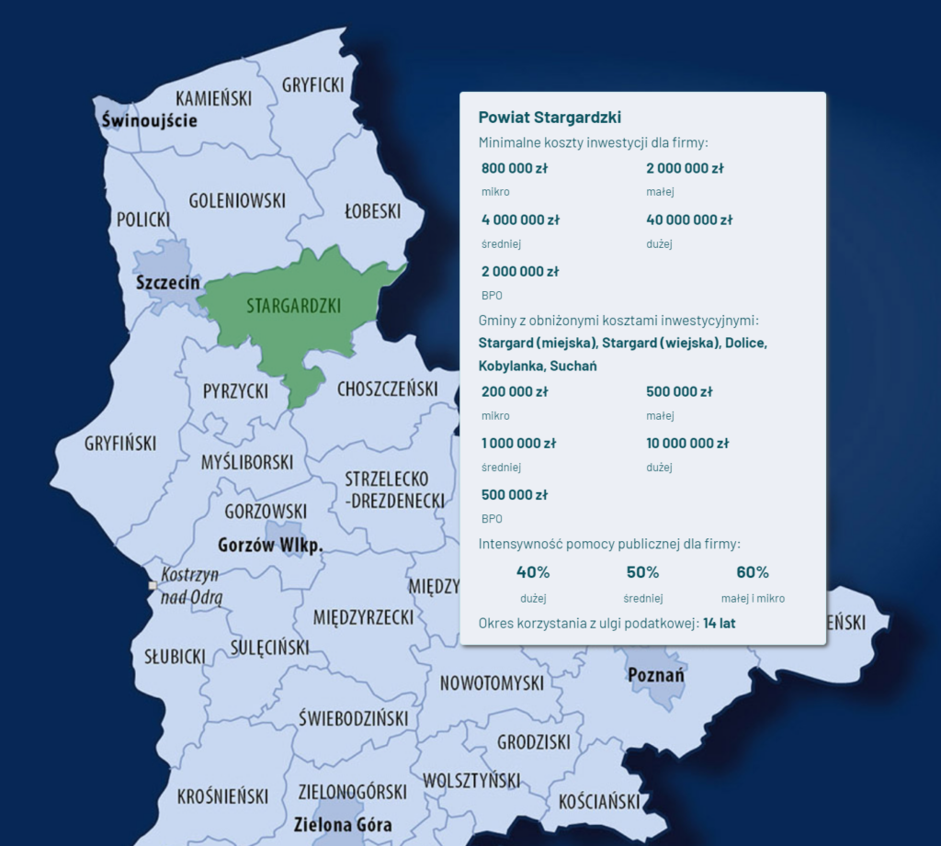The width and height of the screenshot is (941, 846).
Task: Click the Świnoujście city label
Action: click(149, 120)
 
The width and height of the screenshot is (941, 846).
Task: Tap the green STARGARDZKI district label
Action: click(293, 306)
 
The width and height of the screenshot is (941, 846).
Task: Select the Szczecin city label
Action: click(167, 282)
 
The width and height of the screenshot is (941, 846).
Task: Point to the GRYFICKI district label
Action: click(313, 85)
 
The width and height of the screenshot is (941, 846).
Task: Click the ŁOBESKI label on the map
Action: click(372, 210)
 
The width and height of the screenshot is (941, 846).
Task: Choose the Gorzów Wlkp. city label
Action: click(270, 546)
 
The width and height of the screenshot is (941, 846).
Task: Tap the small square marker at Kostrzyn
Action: click(153, 584)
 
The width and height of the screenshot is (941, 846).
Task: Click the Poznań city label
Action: click(656, 675)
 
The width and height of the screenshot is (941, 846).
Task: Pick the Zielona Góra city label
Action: click(343, 824)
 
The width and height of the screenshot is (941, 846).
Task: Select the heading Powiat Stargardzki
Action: click(550, 118)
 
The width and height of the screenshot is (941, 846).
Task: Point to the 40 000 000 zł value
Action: click(689, 220)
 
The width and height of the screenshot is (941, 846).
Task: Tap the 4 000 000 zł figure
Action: click(520, 220)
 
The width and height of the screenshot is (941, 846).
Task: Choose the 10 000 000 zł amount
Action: click(687, 443)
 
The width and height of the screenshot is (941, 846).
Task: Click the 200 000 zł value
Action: click(515, 391)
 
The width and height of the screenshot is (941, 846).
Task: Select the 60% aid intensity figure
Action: click(752, 572)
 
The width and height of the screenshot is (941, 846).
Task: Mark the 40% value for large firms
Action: click(533, 572)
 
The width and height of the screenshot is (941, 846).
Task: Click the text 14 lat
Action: click(719, 623)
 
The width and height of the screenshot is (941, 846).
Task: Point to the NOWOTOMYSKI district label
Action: click(492, 682)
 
